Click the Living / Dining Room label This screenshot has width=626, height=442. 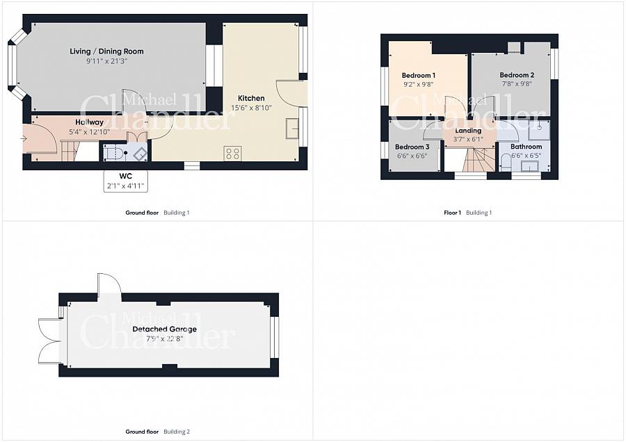(x=106, y=51)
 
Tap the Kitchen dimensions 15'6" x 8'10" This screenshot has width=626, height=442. (x=251, y=108)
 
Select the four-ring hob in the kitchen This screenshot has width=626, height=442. (x=233, y=154)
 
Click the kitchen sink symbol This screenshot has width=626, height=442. (x=292, y=128)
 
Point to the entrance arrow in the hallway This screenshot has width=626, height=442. (x=23, y=139)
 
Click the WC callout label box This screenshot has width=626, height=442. (x=125, y=181)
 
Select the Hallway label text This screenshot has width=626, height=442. (x=90, y=122)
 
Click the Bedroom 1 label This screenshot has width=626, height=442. (x=419, y=75)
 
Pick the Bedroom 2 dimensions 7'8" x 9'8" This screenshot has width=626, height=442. (x=517, y=84)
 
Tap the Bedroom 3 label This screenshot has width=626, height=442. (x=412, y=147)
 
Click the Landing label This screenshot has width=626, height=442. (x=468, y=131)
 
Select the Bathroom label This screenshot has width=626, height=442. (x=527, y=147)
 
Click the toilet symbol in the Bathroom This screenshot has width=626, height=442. (x=505, y=163)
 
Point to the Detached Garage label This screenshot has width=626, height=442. (x=164, y=329)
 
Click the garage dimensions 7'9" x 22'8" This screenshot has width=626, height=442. (x=164, y=339)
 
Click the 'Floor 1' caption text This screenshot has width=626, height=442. (x=452, y=213)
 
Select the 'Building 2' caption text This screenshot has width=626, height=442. (x=177, y=432)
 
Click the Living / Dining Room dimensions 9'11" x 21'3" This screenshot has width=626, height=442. (x=106, y=61)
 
